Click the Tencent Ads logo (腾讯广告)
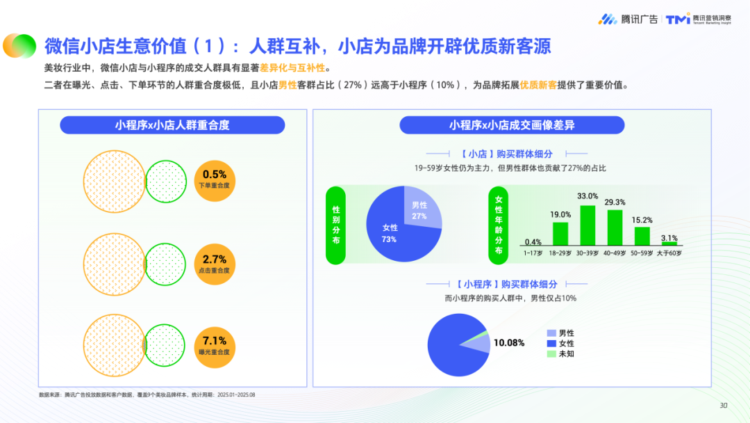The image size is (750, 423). (x=628, y=19)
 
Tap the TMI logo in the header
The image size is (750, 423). (x=699, y=19)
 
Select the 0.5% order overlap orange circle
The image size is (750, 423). (x=215, y=179)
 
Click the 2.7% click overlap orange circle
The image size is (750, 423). (x=215, y=264)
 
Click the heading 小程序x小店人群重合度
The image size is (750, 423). (x=172, y=125)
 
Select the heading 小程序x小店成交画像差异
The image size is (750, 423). (x=512, y=125)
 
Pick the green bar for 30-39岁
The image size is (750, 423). (x=587, y=225)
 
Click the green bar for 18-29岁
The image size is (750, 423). (x=560, y=234)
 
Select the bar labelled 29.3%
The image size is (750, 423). (x=615, y=228)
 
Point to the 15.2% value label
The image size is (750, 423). (x=642, y=220)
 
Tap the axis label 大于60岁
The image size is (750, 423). (x=669, y=253)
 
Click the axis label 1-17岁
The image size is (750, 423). (x=533, y=253)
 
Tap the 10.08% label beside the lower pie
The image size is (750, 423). (x=509, y=343)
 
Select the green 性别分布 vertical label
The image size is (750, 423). (x=336, y=225)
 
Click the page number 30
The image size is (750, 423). (x=723, y=406)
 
